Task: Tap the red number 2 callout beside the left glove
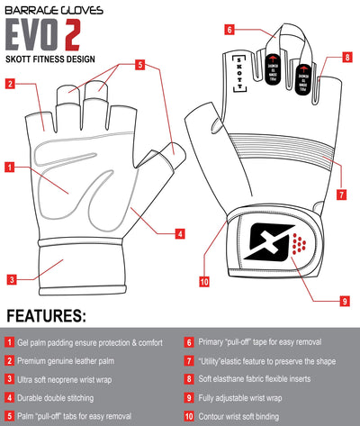(10, 85)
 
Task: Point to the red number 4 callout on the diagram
(179, 234)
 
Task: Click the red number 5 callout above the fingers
(140, 65)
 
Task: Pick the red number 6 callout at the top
(229, 29)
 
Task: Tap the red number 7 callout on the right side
(342, 194)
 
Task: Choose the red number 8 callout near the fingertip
(346, 58)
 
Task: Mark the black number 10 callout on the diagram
(204, 281)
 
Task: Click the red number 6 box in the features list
(189, 342)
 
